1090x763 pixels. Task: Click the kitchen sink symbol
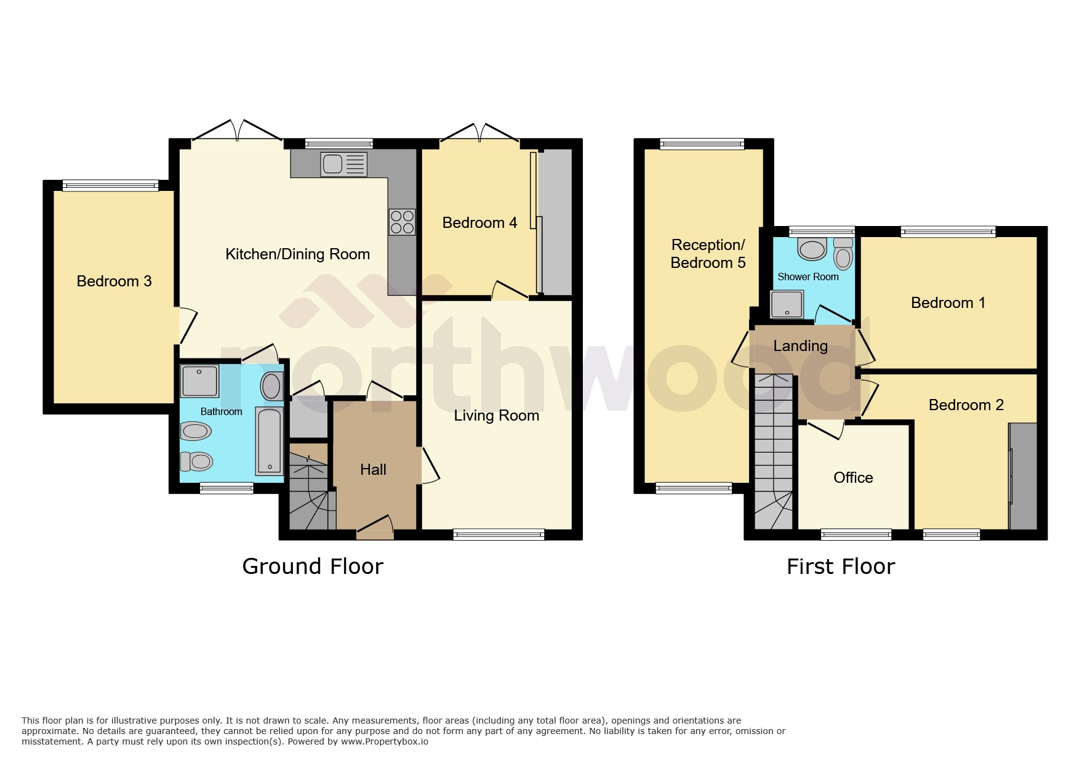pyautogui.click(x=343, y=164)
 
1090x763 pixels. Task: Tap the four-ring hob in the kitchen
pyautogui.click(x=402, y=222)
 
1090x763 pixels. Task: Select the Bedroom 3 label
pyautogui.click(x=114, y=281)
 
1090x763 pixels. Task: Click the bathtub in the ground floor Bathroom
pyautogui.click(x=269, y=441)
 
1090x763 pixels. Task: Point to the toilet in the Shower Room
pyautogui.click(x=843, y=255)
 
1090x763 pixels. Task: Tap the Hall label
pyautogui.click(x=373, y=470)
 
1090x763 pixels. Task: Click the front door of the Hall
pyautogui.click(x=375, y=526)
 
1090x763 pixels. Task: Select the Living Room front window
pyautogui.click(x=499, y=535)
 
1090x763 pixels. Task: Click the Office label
pyautogui.click(x=853, y=478)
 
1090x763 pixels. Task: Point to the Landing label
pyautogui.click(x=800, y=346)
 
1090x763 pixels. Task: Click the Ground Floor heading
pyautogui.click(x=313, y=567)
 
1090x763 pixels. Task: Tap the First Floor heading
pyautogui.click(x=840, y=567)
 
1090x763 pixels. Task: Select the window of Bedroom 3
pyautogui.click(x=110, y=185)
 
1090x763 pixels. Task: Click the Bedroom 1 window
pyautogui.click(x=948, y=232)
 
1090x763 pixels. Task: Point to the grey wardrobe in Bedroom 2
pyautogui.click(x=1023, y=475)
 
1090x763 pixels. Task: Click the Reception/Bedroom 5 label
pyautogui.click(x=708, y=254)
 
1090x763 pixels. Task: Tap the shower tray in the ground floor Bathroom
pyautogui.click(x=199, y=381)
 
